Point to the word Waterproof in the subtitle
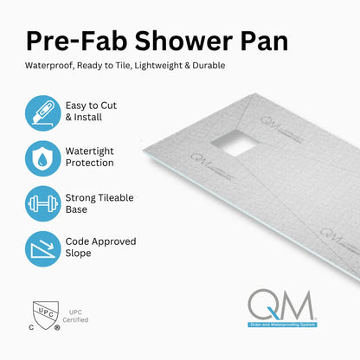click(x=50, y=66)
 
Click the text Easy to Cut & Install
click(x=91, y=111)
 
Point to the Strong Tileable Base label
click(x=100, y=203)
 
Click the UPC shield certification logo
click(x=42, y=316)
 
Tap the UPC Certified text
click(x=75, y=317)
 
